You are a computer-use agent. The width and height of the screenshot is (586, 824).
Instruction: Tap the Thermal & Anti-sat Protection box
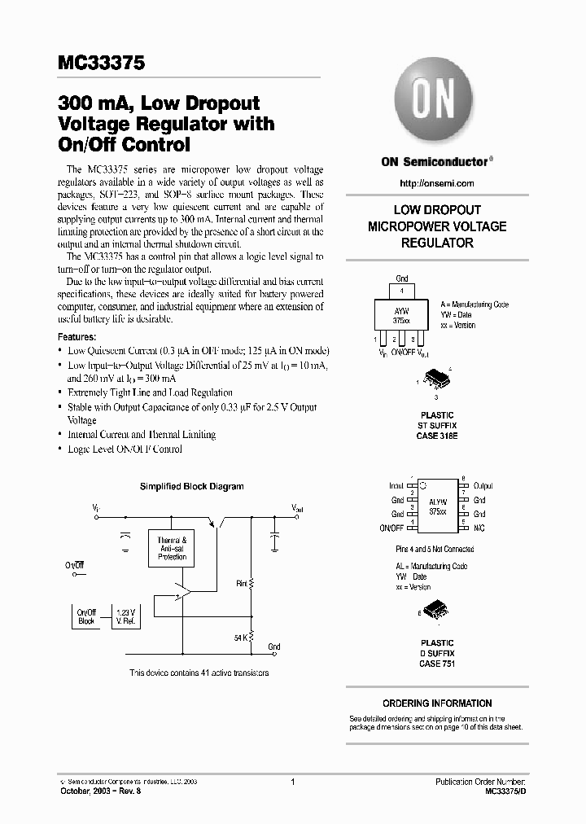tap(172, 548)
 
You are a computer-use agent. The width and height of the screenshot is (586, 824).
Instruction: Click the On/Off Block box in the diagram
tap(86, 616)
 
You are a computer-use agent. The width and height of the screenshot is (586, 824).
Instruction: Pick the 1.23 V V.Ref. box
tap(125, 616)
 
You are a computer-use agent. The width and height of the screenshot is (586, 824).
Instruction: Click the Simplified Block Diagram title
tap(191, 486)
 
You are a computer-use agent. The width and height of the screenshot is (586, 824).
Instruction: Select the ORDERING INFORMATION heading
tap(437, 703)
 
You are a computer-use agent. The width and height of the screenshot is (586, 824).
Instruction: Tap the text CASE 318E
tap(437, 436)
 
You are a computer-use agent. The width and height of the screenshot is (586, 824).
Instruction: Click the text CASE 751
tap(437, 664)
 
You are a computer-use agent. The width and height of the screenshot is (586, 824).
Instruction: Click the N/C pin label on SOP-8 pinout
tap(479, 528)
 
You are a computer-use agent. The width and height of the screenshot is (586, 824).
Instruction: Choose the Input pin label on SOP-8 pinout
tap(396, 485)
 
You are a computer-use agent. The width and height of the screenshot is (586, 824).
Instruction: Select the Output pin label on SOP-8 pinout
tap(483, 485)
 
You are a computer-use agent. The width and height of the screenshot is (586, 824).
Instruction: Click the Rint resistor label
tap(241, 583)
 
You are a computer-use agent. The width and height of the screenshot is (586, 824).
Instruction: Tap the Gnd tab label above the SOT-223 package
tap(402, 278)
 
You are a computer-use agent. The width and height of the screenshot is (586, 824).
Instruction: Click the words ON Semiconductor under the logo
tap(434, 161)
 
